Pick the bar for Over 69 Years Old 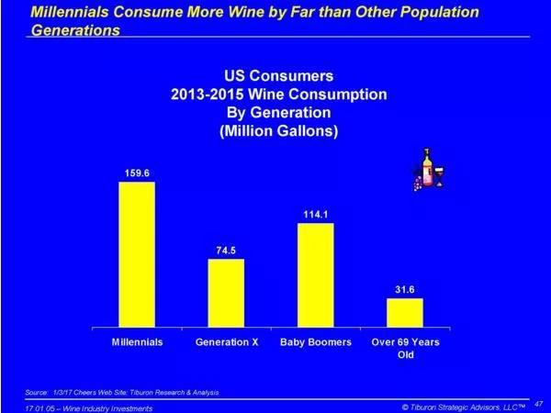405,312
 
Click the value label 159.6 136,172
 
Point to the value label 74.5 225,249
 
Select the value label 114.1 315,213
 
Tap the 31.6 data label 405,288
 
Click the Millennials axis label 137,341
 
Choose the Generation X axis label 226,341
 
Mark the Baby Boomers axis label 315,341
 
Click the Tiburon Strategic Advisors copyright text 463,405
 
